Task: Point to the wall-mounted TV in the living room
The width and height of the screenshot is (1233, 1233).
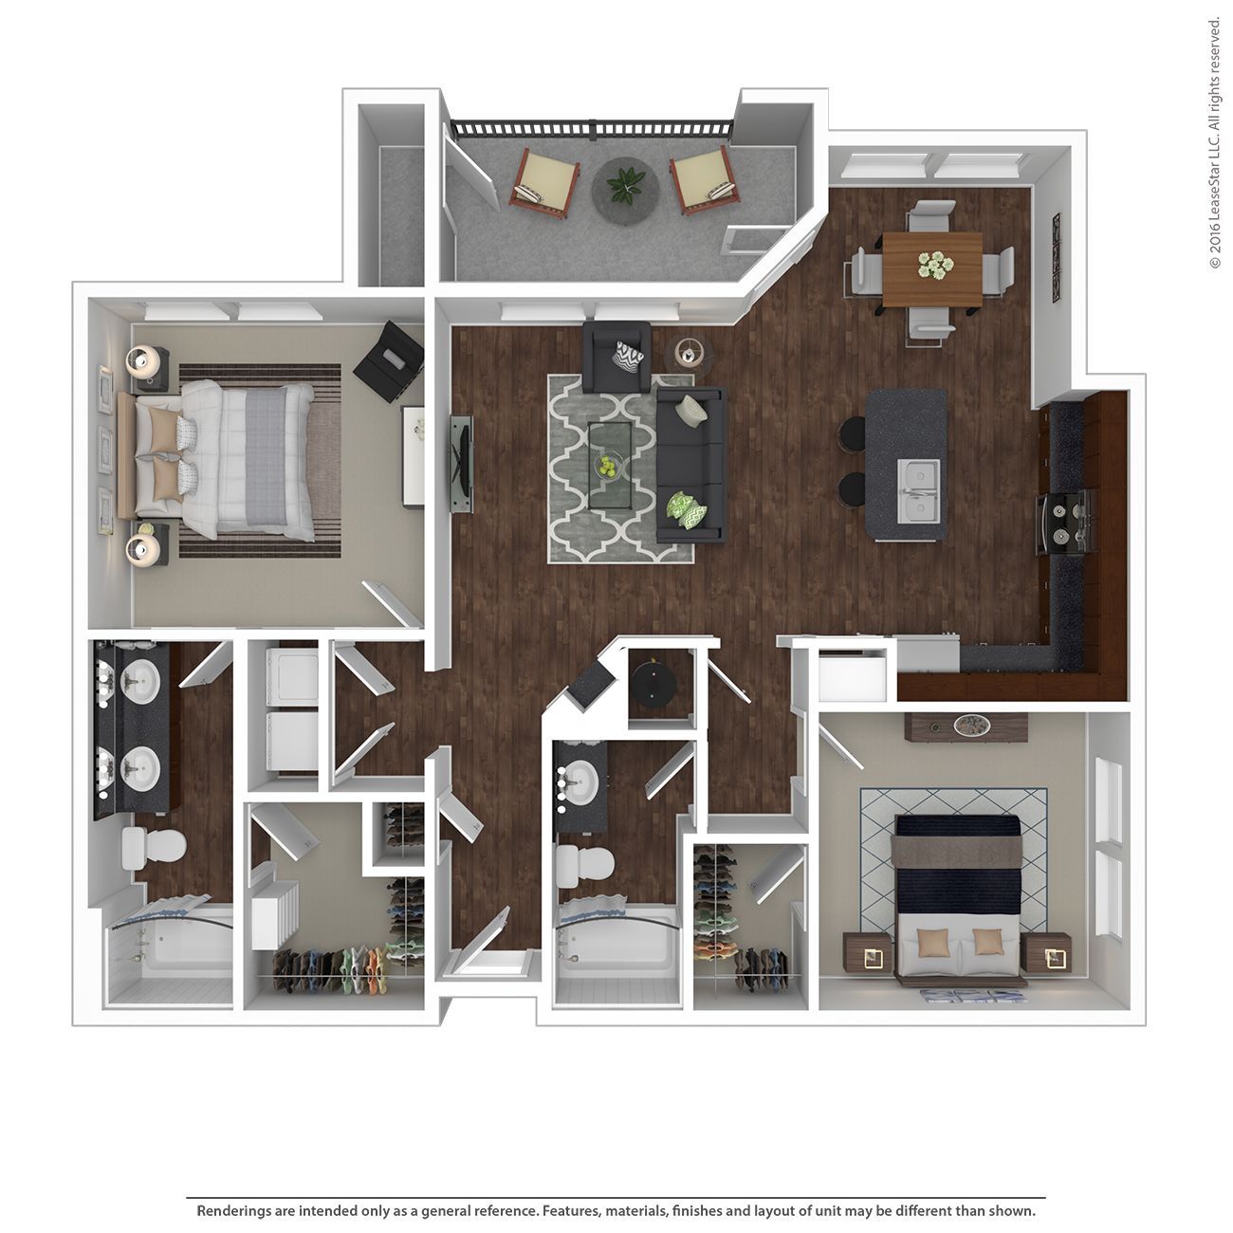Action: point(461,464)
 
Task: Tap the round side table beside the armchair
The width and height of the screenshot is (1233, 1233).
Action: point(690,352)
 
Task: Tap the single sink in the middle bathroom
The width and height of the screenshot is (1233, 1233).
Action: point(578,783)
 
